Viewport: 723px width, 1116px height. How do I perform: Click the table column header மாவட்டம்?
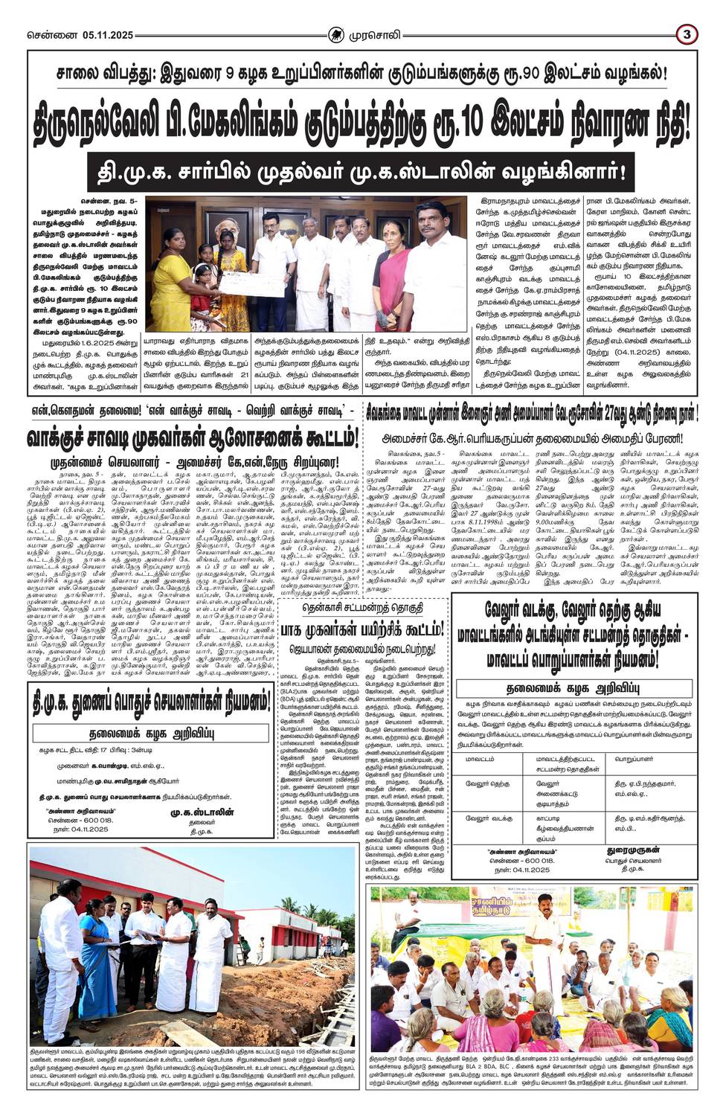[x=480, y=759]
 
